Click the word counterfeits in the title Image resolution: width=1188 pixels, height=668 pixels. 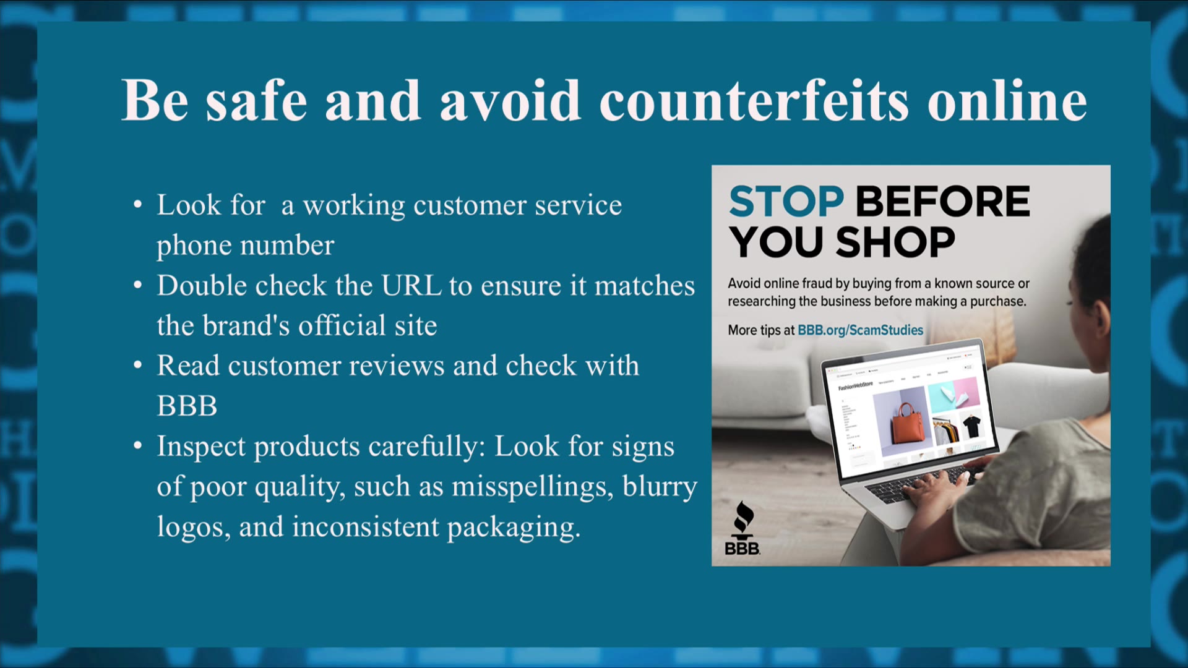click(x=754, y=100)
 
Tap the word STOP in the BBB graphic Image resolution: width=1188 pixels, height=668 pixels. click(x=786, y=202)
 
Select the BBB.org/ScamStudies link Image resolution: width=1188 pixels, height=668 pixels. click(x=860, y=330)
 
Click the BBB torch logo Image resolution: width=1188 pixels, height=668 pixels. click(x=742, y=529)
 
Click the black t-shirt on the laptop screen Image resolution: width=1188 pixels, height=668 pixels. click(x=971, y=425)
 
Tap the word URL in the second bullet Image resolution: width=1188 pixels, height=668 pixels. click(x=411, y=286)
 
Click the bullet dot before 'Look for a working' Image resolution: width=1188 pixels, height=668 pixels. click(x=138, y=205)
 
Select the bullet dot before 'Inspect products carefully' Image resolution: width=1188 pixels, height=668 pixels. click(x=138, y=446)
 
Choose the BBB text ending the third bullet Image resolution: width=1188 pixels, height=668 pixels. click(x=187, y=406)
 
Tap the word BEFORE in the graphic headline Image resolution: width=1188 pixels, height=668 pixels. click(x=942, y=202)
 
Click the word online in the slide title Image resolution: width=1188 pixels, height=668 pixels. click(x=1007, y=100)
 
